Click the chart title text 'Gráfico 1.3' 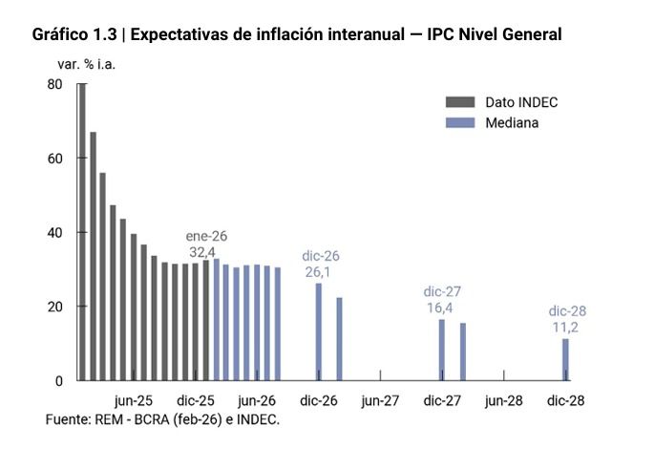[77, 35]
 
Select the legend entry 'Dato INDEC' [520, 102]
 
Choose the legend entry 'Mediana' [512, 123]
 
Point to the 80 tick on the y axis [54, 84]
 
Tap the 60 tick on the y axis [54, 159]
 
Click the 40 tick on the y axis [54, 232]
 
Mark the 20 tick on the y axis [54, 307]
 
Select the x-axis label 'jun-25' [133, 400]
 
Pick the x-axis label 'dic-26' [319, 400]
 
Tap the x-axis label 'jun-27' [380, 400]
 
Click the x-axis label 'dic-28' [565, 400]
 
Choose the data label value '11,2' [565, 328]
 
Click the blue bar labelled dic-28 [565, 360]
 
